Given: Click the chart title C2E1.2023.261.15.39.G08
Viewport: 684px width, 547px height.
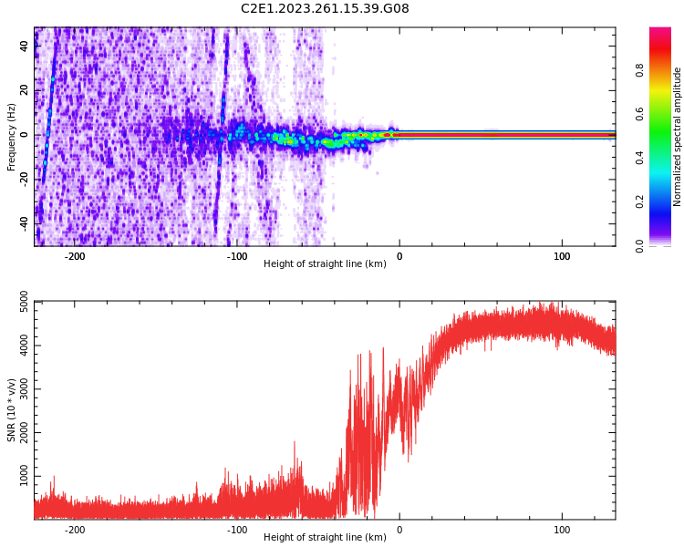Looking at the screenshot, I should [x=325, y=9].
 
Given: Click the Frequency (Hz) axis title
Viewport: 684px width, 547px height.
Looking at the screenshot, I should [x=12, y=137].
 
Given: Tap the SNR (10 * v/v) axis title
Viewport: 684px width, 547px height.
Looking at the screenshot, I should [x=12, y=409].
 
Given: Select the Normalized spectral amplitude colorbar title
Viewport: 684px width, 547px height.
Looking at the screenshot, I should [x=678, y=137].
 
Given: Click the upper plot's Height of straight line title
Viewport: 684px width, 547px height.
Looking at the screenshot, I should [x=325, y=264].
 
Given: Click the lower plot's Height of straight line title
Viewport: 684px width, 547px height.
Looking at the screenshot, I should [x=325, y=538].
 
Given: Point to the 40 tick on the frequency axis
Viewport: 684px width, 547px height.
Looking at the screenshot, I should [x=25, y=46].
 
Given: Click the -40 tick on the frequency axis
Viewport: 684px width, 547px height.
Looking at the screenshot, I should [x=25, y=222].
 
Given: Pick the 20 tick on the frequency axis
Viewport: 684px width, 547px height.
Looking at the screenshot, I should [x=25, y=90].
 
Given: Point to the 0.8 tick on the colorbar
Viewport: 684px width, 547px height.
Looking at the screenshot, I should [x=640, y=70].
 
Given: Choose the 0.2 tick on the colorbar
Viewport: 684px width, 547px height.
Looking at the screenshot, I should [x=640, y=201].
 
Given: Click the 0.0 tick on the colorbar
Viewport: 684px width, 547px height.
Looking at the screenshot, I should [x=640, y=244].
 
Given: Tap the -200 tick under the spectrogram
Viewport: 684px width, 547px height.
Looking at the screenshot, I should [x=75, y=256].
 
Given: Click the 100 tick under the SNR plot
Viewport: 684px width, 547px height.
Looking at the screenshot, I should [x=562, y=530].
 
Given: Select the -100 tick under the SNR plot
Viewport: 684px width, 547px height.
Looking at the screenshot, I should [x=237, y=530].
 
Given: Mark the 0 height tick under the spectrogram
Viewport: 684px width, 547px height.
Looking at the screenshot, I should [x=399, y=256].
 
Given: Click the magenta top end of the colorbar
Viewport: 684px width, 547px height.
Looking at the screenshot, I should [x=660, y=32].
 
